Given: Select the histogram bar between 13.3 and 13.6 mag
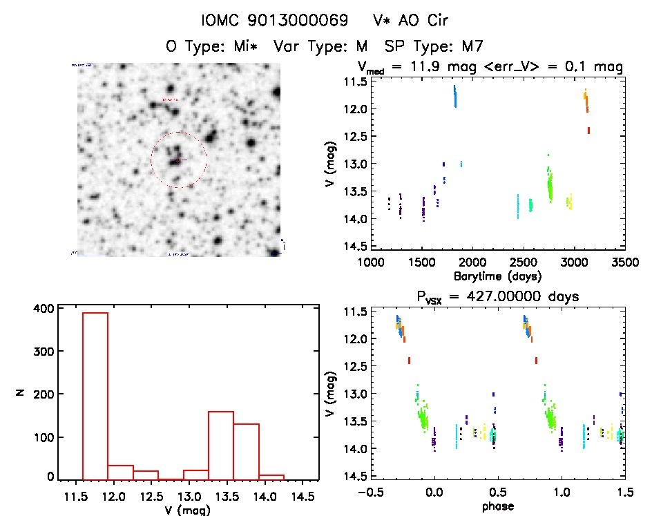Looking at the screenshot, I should [x=221, y=445].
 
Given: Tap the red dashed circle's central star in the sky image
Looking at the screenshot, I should [x=175, y=161].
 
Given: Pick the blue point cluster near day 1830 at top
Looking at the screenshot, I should [x=455, y=96].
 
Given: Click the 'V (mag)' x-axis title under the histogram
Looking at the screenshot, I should [x=188, y=510].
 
